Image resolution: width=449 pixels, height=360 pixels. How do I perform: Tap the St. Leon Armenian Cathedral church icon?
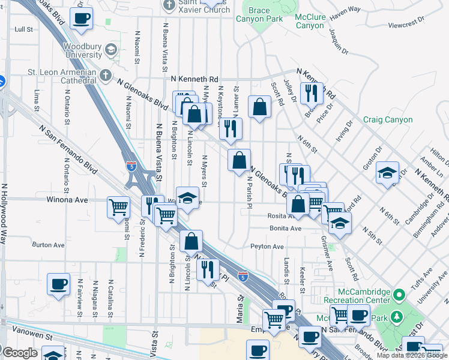tap(106, 76)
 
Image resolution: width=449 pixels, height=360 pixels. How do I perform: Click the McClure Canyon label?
tap(310, 21)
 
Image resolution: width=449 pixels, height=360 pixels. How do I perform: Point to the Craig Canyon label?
tap(388, 119)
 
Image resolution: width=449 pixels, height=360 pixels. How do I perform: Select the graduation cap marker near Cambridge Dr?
tap(387, 172)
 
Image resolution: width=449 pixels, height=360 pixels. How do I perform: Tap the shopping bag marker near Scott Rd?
tap(259, 107)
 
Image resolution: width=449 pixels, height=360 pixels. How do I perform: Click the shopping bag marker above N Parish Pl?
tap(239, 160)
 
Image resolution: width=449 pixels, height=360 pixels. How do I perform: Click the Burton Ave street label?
tap(48, 245)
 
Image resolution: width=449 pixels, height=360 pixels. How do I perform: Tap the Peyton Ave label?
tap(267, 247)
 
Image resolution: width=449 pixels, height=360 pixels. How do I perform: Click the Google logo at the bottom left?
tap(20, 353)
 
